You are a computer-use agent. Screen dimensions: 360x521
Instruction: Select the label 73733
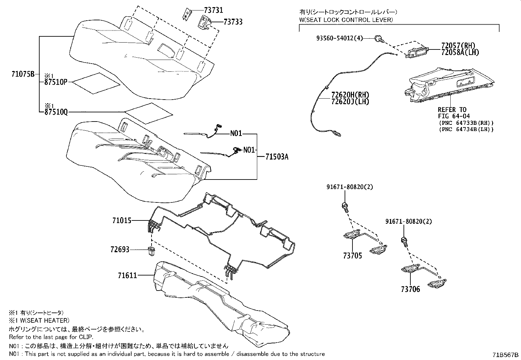233,22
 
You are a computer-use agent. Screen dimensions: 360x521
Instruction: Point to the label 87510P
56,82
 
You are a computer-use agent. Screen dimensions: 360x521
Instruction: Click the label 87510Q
56,112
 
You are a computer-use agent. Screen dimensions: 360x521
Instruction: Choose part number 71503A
277,157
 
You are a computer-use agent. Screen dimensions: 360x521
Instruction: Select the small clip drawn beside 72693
151,252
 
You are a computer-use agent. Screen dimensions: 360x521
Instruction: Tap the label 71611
127,276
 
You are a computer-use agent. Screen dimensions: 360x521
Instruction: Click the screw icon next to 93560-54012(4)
379,39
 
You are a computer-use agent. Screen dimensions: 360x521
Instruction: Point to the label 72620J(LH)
350,102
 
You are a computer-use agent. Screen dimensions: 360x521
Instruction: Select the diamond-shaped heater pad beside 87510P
96,83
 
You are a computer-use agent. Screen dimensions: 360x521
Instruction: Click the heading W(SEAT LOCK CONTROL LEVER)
346,20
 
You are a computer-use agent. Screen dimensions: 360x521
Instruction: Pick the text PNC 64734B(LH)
466,129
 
